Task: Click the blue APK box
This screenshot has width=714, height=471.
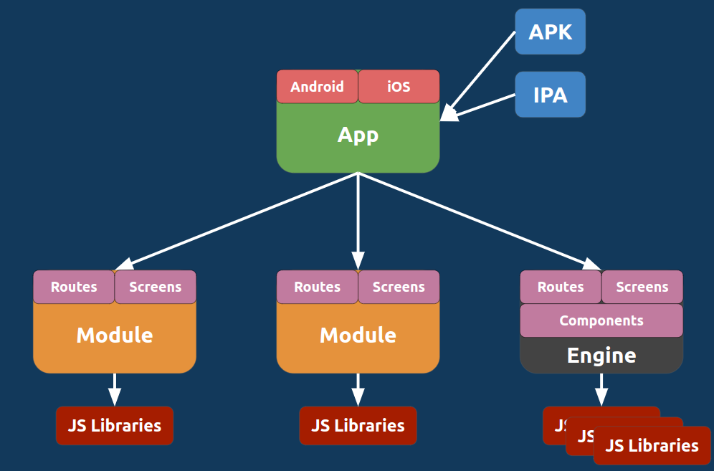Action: point(550,32)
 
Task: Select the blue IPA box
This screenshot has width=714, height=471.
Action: point(550,94)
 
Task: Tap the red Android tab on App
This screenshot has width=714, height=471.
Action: point(317,87)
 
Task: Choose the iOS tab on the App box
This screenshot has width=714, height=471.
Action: point(399,87)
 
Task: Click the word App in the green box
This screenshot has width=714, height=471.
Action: point(358,135)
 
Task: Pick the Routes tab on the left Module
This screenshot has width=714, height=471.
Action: point(74,287)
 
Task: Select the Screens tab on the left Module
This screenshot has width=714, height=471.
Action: point(155,287)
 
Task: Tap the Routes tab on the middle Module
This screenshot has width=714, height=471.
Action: point(317,287)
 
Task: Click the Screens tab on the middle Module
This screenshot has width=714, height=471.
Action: point(399,287)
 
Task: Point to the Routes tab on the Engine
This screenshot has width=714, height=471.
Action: point(561,287)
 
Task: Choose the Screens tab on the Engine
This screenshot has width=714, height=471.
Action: point(642,287)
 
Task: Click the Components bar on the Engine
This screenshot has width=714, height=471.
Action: point(601,320)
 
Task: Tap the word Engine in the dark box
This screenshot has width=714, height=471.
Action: point(601,356)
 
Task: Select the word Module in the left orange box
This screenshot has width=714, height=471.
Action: point(115,335)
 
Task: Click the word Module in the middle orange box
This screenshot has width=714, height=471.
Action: point(358,335)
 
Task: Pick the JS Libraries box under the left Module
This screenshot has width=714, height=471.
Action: point(115,425)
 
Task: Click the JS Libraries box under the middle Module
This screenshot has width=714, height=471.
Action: point(358,425)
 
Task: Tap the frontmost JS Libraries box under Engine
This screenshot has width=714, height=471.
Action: point(652,445)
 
